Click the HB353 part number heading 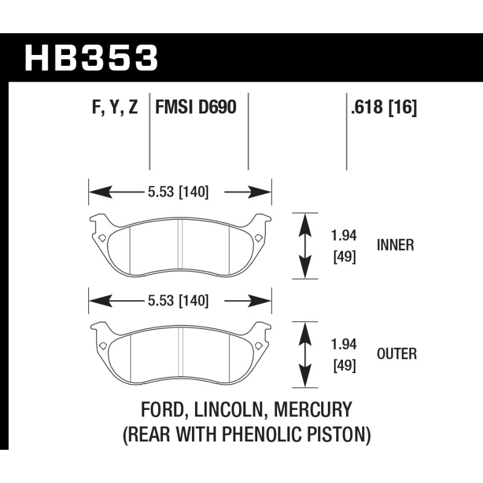pyautogui.click(x=91, y=58)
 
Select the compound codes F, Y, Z pyautogui.click(x=115, y=107)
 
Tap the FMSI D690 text pyautogui.click(x=196, y=107)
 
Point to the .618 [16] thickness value pyautogui.click(x=384, y=107)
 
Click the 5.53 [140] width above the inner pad pyautogui.click(x=178, y=192)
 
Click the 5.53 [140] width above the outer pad pyautogui.click(x=178, y=301)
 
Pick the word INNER pyautogui.click(x=395, y=245)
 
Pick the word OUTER pyautogui.click(x=397, y=354)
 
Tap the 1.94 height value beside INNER pyautogui.click(x=344, y=235)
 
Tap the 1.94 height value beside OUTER pyautogui.click(x=344, y=344)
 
